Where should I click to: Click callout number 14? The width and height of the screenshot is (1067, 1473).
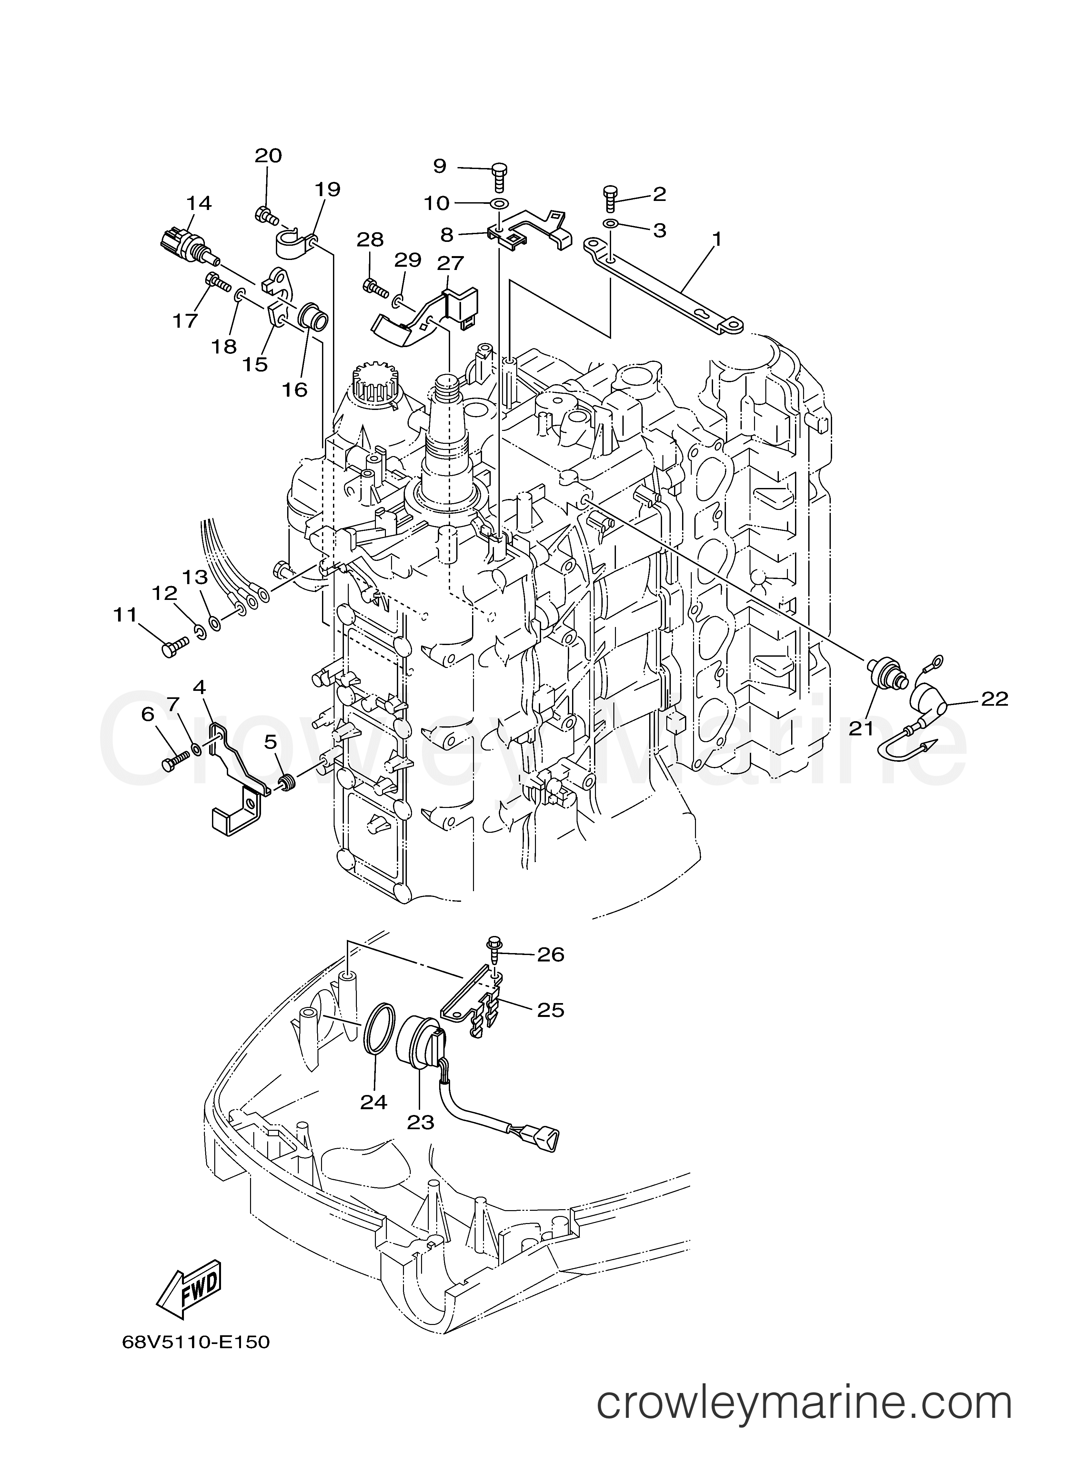click(199, 203)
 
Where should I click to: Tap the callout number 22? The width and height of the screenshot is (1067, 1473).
click(994, 699)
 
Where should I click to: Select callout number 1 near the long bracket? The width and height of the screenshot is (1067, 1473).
click(717, 239)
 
